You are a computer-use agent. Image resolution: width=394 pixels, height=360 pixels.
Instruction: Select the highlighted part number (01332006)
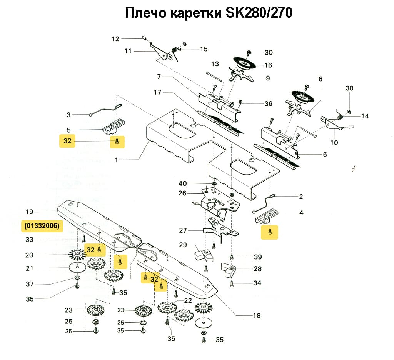[x=42, y=226]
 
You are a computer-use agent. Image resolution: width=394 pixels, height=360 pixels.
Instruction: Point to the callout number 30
[x=268, y=52]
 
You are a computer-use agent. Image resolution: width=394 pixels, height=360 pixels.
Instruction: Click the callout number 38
[x=349, y=88]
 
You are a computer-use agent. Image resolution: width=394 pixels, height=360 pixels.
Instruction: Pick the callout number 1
[x=117, y=160]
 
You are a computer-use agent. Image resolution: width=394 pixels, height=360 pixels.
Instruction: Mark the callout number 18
[x=257, y=316]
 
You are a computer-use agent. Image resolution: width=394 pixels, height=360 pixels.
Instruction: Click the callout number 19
[x=30, y=212]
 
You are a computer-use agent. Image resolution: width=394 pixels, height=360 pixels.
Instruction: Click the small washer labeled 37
[x=77, y=277]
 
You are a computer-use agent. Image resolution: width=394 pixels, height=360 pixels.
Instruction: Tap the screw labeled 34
[x=232, y=284]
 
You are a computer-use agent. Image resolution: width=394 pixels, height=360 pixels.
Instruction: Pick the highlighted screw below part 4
[x=269, y=232]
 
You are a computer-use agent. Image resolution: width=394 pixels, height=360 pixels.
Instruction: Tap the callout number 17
[x=157, y=93]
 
